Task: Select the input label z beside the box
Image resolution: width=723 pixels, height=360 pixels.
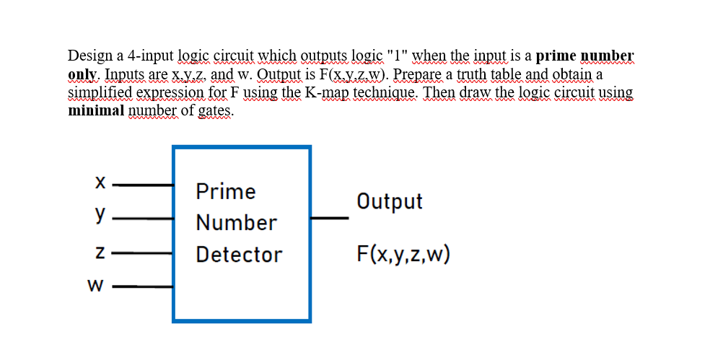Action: [101, 254]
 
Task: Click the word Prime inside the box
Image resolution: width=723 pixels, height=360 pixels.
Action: [226, 191]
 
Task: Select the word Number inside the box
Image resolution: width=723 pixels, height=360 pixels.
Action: [236, 222]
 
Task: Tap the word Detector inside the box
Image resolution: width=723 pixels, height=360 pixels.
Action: [239, 254]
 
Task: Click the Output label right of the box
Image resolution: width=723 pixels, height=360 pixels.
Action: [390, 201]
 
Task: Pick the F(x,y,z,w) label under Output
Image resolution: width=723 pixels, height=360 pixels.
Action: [403, 254]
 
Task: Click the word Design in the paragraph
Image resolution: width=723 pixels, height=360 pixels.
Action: [88, 56]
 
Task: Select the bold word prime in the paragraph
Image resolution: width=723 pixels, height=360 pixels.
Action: [556, 56]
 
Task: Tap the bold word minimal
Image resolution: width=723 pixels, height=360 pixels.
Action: [95, 111]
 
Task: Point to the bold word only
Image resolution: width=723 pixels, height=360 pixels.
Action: [83, 74]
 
